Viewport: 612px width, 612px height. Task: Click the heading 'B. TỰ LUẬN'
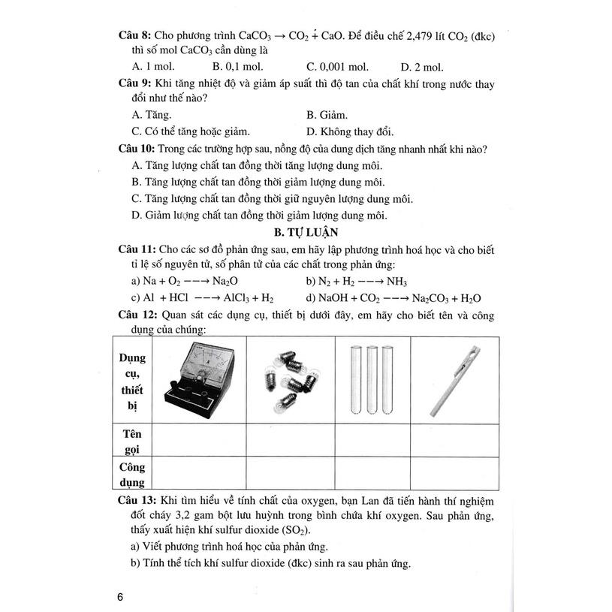[306, 233]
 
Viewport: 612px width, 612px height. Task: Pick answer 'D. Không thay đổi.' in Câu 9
[351, 131]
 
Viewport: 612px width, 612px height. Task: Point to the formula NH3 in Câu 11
[396, 282]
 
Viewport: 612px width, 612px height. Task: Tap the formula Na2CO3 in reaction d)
[434, 298]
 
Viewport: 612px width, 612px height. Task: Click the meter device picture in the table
[198, 379]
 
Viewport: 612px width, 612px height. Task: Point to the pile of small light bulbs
[291, 381]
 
